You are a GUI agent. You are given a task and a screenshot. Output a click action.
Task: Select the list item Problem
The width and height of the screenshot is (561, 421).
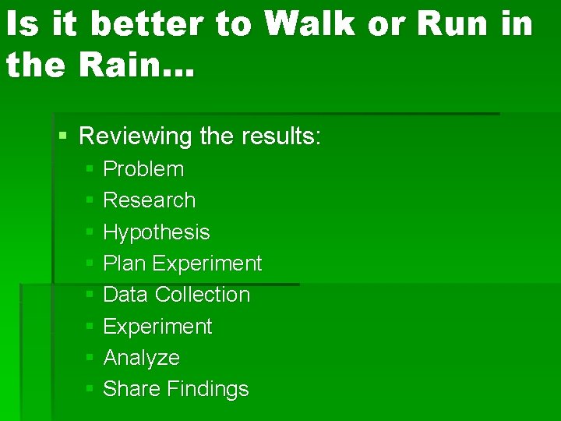pyautogui.click(x=143, y=169)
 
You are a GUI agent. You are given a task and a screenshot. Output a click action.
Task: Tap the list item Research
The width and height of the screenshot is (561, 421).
pyautogui.click(x=149, y=200)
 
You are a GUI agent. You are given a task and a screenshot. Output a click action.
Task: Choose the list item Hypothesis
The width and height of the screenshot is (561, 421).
pyautogui.click(x=156, y=232)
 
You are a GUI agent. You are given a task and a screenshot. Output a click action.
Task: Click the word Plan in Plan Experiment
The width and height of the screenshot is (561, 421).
pyautogui.click(x=125, y=264)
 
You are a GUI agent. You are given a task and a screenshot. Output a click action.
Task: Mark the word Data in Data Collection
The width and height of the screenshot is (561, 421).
pyautogui.click(x=126, y=295)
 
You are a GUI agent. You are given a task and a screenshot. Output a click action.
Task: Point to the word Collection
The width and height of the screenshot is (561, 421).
pyautogui.click(x=203, y=295)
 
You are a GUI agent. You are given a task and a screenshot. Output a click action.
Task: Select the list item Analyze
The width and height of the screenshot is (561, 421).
pyautogui.click(x=141, y=358)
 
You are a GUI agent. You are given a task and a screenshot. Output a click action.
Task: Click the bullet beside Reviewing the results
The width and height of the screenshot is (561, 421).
pyautogui.click(x=63, y=137)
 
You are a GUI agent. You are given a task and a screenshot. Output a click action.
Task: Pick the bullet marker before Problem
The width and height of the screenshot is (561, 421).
pyautogui.click(x=90, y=169)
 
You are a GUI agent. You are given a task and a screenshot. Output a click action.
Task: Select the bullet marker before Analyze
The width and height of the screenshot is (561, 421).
pyautogui.click(x=90, y=358)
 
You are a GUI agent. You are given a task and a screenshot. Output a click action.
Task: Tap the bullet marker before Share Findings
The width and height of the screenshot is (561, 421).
pyautogui.click(x=90, y=389)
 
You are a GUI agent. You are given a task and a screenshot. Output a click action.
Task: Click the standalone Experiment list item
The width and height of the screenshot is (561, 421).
pyautogui.click(x=157, y=327)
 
